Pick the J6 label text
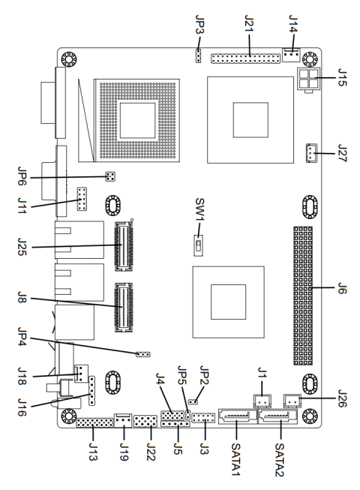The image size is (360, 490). pos(341,289)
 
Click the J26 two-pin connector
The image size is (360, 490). pos(292,403)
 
